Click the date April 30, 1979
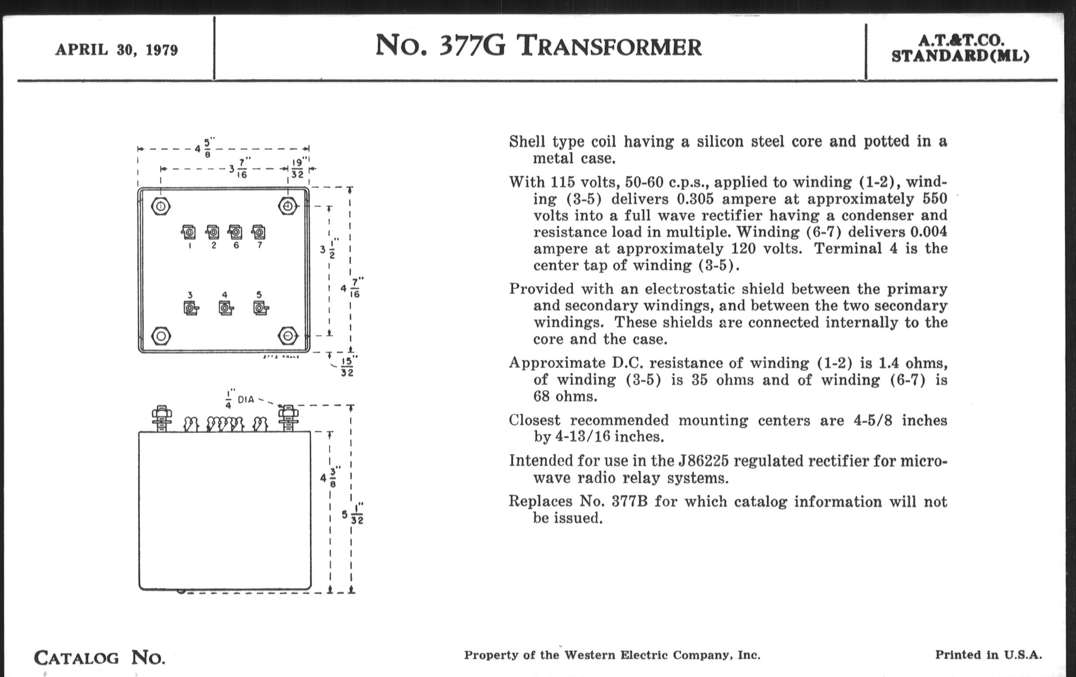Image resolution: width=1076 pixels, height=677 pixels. pyautogui.click(x=116, y=50)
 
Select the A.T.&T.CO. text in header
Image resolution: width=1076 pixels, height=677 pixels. pyautogui.click(x=961, y=40)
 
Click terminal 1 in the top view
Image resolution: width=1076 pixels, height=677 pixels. pyautogui.click(x=189, y=232)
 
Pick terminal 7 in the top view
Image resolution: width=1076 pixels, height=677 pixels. pyautogui.click(x=259, y=232)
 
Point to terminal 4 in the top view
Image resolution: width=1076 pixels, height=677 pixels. pyautogui.click(x=225, y=308)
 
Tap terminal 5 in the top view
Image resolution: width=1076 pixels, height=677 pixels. pyautogui.click(x=260, y=308)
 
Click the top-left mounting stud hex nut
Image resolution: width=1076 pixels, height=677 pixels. pyautogui.click(x=161, y=207)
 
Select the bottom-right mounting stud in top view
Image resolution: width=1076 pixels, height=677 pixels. pyautogui.click(x=288, y=335)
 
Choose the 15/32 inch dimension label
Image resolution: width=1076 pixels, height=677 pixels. pyautogui.click(x=348, y=366)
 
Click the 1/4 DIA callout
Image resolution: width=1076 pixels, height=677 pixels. pyautogui.click(x=239, y=399)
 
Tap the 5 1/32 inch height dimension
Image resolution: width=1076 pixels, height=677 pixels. pyautogui.click(x=353, y=515)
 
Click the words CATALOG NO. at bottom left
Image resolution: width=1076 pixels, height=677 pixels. pyautogui.click(x=99, y=658)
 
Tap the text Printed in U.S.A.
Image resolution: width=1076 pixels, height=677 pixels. pyautogui.click(x=988, y=655)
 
